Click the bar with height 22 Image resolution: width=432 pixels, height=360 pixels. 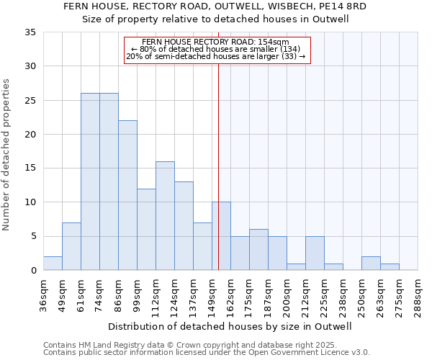coord(127,195)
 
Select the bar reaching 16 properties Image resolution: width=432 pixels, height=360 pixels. coord(165,215)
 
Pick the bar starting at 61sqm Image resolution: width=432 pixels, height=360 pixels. coord(90,181)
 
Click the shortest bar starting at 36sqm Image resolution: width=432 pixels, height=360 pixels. coord(53,263)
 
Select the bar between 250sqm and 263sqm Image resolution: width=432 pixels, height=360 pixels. coord(371,263)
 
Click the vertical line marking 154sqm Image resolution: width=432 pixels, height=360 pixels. coord(218,166)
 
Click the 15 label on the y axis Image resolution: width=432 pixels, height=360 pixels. coord(30,168)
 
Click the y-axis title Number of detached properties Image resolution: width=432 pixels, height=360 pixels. coord(7,155)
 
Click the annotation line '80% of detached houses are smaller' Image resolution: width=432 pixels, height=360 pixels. coord(217,49)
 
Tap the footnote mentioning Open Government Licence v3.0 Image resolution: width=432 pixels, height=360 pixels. coord(207,353)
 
